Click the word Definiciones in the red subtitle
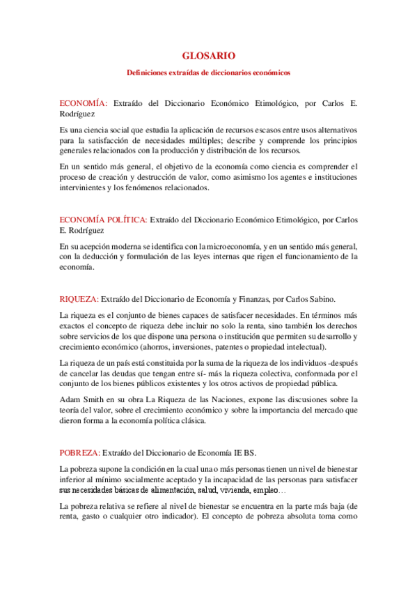click(x=148, y=72)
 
